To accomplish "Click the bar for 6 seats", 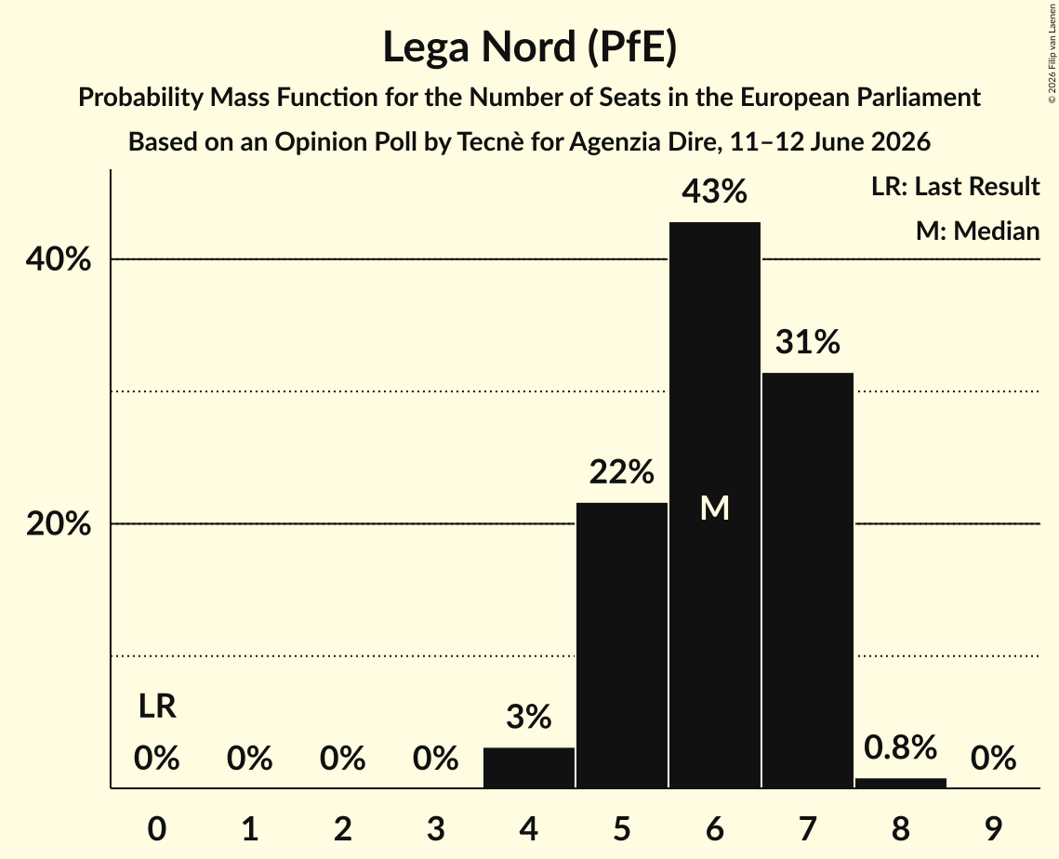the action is [715, 505].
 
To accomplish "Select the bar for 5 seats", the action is [621, 645].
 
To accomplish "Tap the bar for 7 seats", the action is [808, 580].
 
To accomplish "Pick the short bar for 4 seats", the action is [529, 768].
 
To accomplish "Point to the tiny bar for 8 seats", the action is [901, 784].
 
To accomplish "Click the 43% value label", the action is [715, 192].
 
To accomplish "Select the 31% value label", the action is [808, 342].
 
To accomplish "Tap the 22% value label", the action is [621, 472].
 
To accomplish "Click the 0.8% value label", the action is [901, 747].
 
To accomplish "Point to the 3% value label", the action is [529, 717].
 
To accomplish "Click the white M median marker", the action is [715, 508].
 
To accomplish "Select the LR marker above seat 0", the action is [157, 707].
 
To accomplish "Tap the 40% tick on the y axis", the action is [58, 259].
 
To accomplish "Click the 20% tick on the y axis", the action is [58, 524].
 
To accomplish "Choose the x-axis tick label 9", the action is [994, 829].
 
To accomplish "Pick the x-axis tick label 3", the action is [436, 829].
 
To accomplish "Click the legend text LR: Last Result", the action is [955, 186].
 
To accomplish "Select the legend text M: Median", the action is [977, 231].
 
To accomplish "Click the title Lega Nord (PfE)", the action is [530, 47].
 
